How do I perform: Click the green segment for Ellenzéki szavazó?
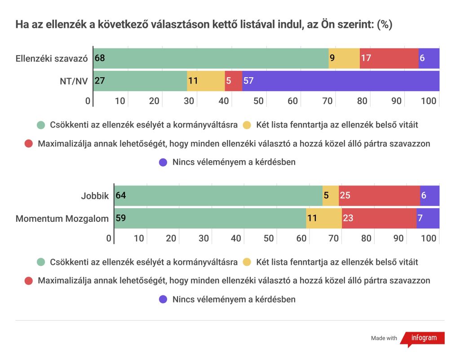[211, 58]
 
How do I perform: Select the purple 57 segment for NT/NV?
[341, 81]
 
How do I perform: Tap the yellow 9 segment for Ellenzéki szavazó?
[344, 58]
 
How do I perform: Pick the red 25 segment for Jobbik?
[379, 195]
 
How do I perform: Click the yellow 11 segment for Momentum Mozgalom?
[323, 219]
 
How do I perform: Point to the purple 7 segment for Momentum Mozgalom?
[428, 219]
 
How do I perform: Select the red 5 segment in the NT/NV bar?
[233, 81]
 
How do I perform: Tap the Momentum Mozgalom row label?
[62, 219]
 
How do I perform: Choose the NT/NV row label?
[74, 81]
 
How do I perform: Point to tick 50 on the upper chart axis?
[258, 101]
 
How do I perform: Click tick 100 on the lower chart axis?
[429, 238]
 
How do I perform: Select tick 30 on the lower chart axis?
[203, 238]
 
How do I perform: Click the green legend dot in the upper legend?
[41, 124]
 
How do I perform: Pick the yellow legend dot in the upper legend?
[247, 124]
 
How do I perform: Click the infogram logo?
[422, 338]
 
